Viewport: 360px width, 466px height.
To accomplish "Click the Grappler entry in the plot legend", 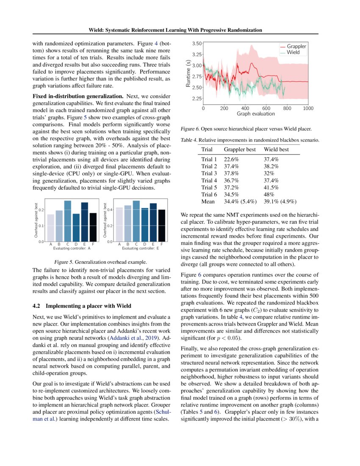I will click(x=296, y=46).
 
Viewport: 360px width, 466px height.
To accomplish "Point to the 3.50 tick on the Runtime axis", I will click(x=197, y=43).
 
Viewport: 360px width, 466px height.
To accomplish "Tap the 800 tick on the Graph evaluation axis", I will click(x=288, y=108).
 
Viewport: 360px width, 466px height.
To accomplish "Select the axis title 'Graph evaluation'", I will click(x=255, y=114).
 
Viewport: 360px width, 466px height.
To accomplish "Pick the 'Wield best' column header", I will click(x=276, y=150).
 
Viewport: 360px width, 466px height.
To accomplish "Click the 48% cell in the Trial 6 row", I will click(x=269, y=194).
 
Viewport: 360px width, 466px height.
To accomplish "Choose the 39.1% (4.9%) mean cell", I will click(x=280, y=201).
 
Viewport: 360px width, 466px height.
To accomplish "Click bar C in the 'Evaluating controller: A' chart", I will click(x=67, y=221).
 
